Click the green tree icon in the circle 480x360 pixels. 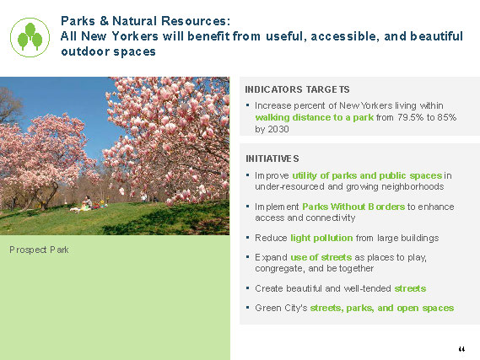(30, 37)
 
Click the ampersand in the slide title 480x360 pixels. (104, 21)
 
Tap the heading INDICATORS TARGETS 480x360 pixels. (297, 89)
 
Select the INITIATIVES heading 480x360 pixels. (272, 159)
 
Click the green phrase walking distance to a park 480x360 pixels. (315, 117)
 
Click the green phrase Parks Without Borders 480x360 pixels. (353, 207)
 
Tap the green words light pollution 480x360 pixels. (321, 238)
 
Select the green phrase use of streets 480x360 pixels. (321, 257)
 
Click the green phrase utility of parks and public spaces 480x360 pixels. (367, 176)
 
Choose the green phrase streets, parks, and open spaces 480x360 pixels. (382, 308)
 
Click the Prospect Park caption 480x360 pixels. (39, 250)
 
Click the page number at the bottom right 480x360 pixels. (461, 349)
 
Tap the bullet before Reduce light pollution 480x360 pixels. (247, 238)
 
